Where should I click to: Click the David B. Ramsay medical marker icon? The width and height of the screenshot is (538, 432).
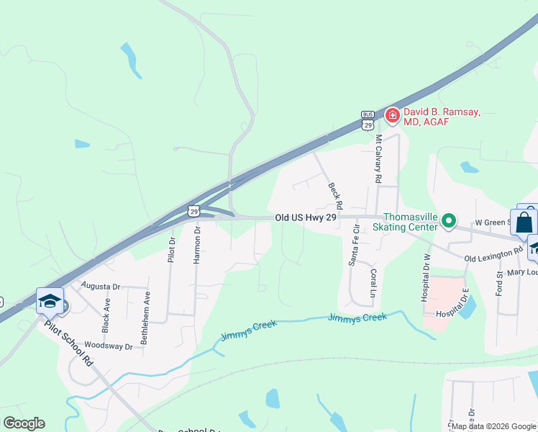click(x=392, y=114)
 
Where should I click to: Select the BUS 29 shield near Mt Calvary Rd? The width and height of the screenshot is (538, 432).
click(x=368, y=121)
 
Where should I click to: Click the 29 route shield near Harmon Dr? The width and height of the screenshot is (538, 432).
click(x=193, y=210)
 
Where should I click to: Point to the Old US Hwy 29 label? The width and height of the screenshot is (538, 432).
click(x=306, y=217)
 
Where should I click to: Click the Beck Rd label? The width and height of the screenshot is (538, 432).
click(x=334, y=191)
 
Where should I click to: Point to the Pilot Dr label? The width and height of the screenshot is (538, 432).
click(x=171, y=250)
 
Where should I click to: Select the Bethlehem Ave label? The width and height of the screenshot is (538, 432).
click(x=145, y=318)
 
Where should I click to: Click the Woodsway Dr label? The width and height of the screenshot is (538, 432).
click(x=109, y=346)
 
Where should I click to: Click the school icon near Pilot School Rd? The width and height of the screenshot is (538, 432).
click(x=50, y=301)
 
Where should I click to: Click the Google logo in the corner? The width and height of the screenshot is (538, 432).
click(x=24, y=423)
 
